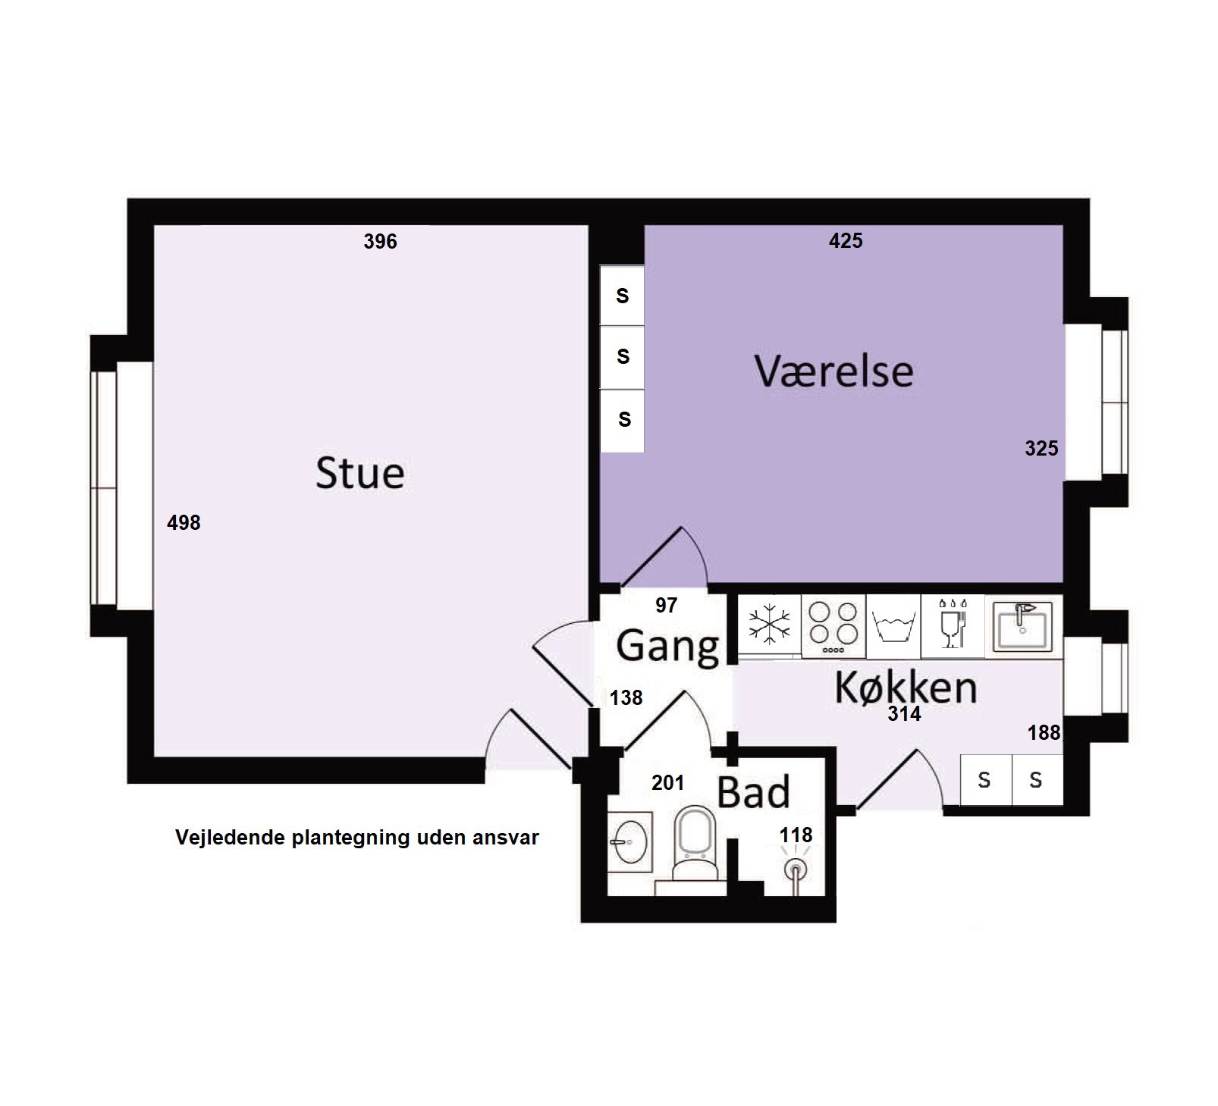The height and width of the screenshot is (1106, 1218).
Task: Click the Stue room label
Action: tap(359, 473)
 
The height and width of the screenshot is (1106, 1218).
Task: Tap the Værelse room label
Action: tap(833, 371)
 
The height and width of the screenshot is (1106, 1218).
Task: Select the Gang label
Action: tap(667, 647)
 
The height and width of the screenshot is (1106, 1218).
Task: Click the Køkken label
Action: tap(906, 687)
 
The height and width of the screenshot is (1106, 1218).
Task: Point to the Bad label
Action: tap(753, 792)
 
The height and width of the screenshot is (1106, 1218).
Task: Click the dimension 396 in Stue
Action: tap(380, 242)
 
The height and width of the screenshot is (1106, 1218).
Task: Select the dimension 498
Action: tap(184, 522)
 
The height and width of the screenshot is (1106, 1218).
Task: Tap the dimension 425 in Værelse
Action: tap(846, 241)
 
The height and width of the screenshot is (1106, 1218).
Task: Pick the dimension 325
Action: tap(1041, 449)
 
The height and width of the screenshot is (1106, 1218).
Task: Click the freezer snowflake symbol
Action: tap(769, 625)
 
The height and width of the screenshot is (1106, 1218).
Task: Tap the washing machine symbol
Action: tap(893, 628)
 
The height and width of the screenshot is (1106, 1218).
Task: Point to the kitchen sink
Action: tap(1023, 625)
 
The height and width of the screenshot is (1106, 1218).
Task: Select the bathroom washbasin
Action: tap(629, 841)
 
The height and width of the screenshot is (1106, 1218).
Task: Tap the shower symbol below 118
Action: tap(795, 870)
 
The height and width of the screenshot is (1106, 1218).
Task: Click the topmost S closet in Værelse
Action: tap(623, 296)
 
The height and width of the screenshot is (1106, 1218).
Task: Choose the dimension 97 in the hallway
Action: tap(666, 605)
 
